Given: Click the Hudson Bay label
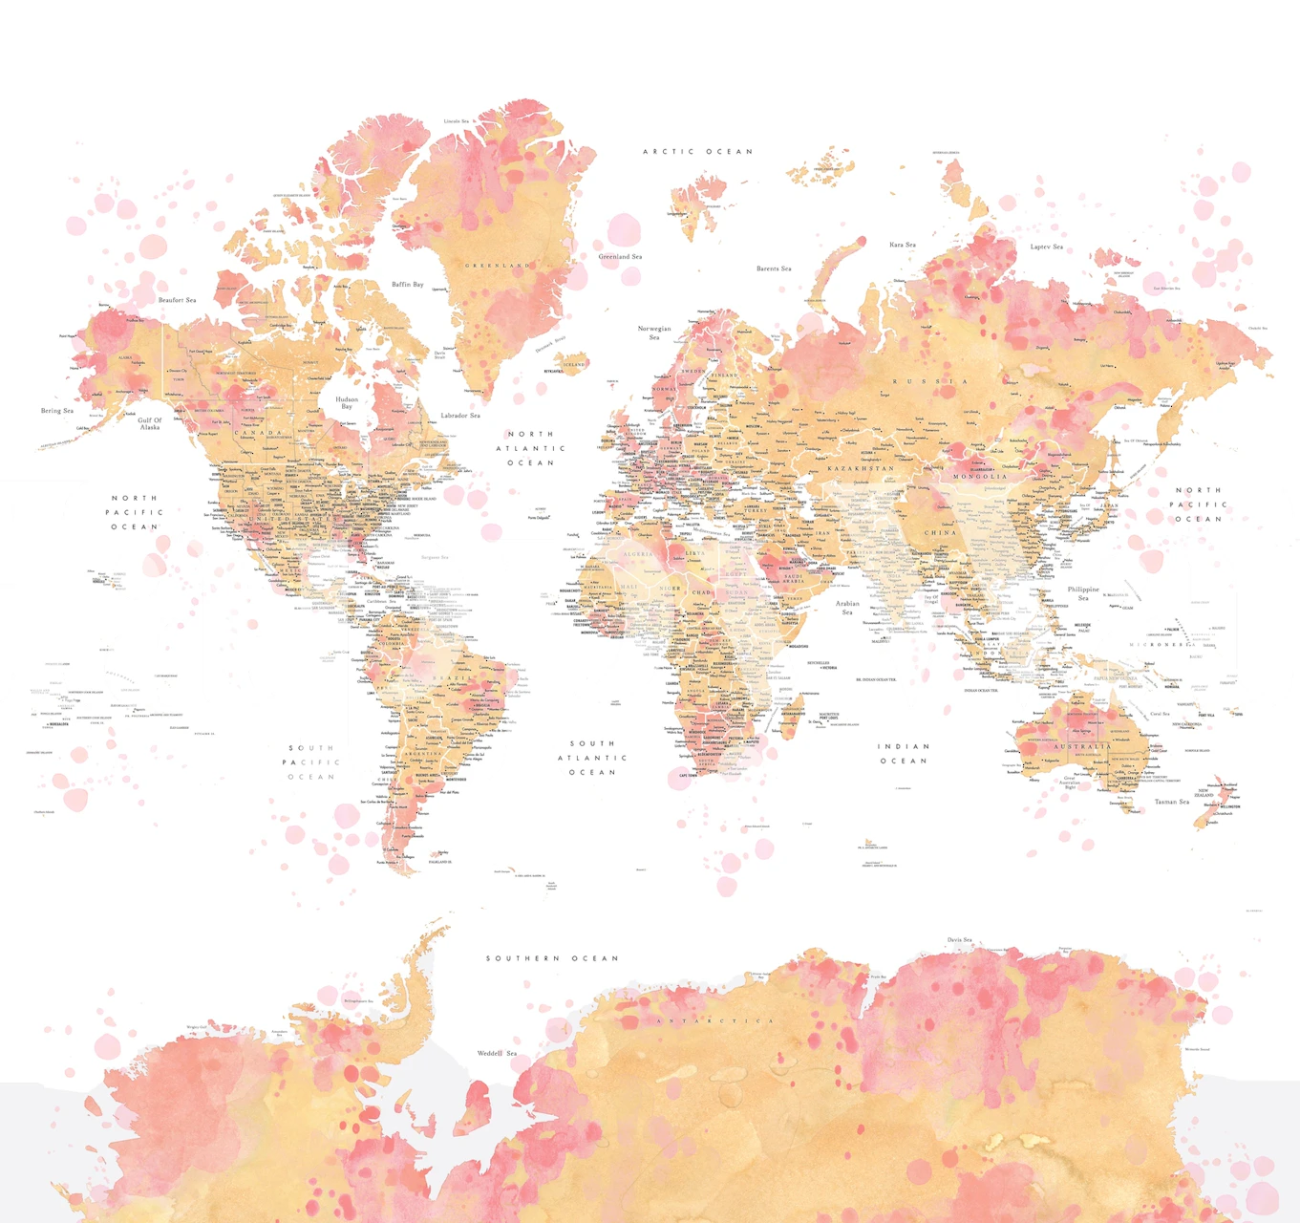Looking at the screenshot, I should click(x=347, y=402).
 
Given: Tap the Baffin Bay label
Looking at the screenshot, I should click(x=407, y=285).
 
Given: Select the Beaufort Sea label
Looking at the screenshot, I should click(x=177, y=300).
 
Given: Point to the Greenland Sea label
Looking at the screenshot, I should click(x=620, y=256).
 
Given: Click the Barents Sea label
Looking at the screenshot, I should click(x=774, y=268).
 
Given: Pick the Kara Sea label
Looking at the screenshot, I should click(x=902, y=245).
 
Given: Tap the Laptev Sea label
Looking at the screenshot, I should click(x=1046, y=247).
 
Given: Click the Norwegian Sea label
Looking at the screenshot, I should click(x=654, y=333).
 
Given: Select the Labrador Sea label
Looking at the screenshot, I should click(x=460, y=416).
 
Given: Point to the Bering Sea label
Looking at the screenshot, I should click(x=57, y=411).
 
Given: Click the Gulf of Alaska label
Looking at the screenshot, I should click(x=150, y=423).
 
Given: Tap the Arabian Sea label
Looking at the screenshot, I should click(x=847, y=607).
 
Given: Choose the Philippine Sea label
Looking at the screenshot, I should click(x=1083, y=593).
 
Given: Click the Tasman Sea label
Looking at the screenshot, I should click(x=1172, y=802).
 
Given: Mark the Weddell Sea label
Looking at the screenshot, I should click(x=497, y=1053).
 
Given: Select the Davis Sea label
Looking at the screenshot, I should click(x=960, y=940).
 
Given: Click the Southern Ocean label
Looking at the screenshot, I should click(x=552, y=958).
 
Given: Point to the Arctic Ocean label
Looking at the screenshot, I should click(x=697, y=152).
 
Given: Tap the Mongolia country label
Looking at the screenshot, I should click(x=980, y=476).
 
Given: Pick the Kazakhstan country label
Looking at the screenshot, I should click(x=861, y=468).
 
